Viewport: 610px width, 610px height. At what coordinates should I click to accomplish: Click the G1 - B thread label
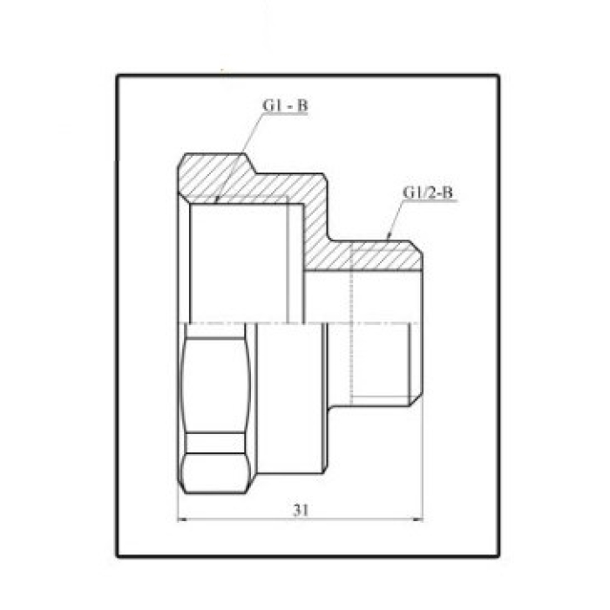285,105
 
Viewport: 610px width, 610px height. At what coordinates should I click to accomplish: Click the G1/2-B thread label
428,193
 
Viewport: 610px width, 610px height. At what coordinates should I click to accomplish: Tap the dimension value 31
301,510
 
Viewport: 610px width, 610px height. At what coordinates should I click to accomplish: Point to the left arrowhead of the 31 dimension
182,519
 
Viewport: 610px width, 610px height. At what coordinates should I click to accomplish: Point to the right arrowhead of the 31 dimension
418,519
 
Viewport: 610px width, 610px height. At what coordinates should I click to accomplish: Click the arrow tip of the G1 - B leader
217,201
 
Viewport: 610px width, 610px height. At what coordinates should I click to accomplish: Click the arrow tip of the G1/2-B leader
388,237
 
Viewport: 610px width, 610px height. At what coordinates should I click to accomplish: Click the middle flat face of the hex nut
216,385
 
